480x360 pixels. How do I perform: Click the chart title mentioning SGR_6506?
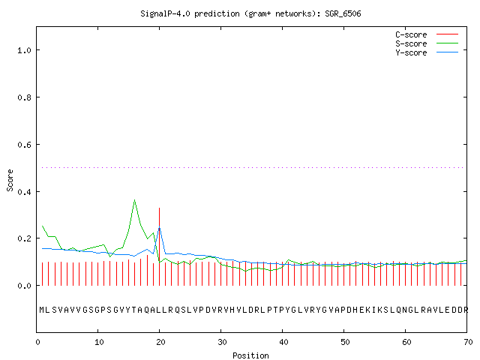point(250,13)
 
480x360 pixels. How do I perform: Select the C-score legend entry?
point(427,34)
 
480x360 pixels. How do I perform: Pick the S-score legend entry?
point(427,43)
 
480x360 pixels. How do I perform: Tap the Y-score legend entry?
point(427,52)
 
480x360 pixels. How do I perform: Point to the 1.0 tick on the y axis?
point(25,50)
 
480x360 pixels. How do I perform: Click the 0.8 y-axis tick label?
point(25,97)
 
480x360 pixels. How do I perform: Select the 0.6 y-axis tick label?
point(25,145)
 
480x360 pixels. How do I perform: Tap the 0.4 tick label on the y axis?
point(25,192)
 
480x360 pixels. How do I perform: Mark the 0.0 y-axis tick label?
point(25,286)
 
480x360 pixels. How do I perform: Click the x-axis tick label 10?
point(99,342)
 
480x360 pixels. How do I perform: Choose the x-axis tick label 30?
point(222,342)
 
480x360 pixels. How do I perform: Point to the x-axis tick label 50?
point(345,342)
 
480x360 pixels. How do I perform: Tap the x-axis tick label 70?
point(468,342)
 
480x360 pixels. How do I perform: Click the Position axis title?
point(250,355)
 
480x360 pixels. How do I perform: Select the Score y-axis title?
point(10,181)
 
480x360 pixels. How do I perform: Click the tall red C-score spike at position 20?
point(159,247)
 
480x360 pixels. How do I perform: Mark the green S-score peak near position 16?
point(135,200)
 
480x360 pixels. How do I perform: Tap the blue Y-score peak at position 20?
point(159,226)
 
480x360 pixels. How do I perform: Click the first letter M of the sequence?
point(42,310)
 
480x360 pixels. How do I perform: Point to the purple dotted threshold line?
point(253,167)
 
